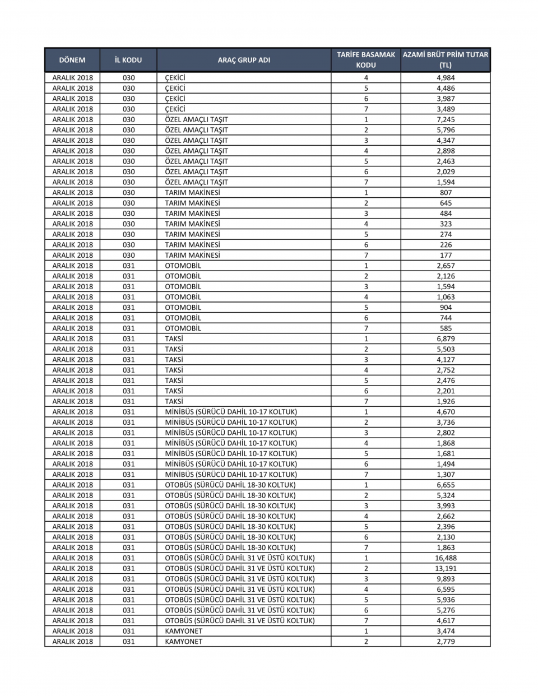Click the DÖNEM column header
[x=72, y=60]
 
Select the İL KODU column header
[x=128, y=60]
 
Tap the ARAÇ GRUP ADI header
[x=244, y=60]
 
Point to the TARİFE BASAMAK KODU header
[x=366, y=60]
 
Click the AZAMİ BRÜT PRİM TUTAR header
[x=446, y=60]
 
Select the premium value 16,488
[x=446, y=558]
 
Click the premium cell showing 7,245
[x=446, y=119]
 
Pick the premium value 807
[x=446, y=193]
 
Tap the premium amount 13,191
[x=446, y=568]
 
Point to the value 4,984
[x=446, y=78]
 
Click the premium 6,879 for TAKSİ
[x=446, y=339]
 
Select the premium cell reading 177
[x=446, y=256]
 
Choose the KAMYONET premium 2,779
[x=446, y=642]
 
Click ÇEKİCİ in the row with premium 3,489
[x=175, y=109]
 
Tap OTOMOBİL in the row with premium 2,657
[x=183, y=266]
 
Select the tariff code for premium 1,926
[x=366, y=402]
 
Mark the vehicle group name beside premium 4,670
[x=231, y=412]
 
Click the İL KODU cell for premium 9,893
[x=128, y=579]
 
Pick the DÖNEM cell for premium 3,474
[x=72, y=631]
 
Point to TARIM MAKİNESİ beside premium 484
[x=192, y=214]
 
